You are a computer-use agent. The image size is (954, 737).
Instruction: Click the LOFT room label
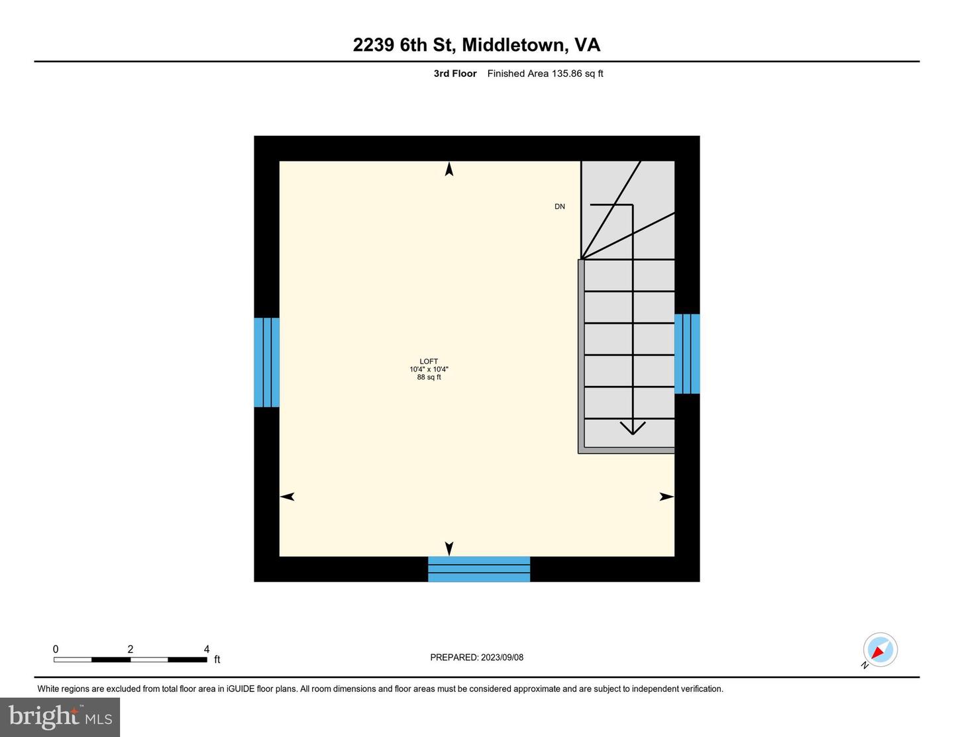429,362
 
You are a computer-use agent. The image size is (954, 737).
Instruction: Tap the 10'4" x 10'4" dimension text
429,369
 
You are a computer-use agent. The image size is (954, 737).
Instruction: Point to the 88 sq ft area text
429,377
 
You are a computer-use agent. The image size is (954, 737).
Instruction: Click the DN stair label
560,207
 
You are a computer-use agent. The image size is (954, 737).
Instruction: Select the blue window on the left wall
266,362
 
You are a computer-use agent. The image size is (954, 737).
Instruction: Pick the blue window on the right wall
687,354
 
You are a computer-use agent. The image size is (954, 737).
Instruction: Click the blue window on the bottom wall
479,569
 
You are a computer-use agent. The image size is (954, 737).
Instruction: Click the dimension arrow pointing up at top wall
449,170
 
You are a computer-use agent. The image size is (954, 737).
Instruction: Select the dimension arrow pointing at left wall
288,497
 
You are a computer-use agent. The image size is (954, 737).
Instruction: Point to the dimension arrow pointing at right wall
666,497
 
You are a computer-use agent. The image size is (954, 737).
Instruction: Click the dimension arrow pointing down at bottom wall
449,548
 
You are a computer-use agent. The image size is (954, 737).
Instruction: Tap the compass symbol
880,650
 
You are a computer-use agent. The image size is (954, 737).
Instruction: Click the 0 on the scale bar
56,649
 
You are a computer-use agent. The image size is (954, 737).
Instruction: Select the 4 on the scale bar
207,649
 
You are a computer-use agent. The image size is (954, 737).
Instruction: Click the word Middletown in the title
514,45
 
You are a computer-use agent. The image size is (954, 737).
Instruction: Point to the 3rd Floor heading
455,74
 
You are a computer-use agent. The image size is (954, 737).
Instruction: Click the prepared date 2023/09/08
502,658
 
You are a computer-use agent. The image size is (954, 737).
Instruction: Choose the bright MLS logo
60,717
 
